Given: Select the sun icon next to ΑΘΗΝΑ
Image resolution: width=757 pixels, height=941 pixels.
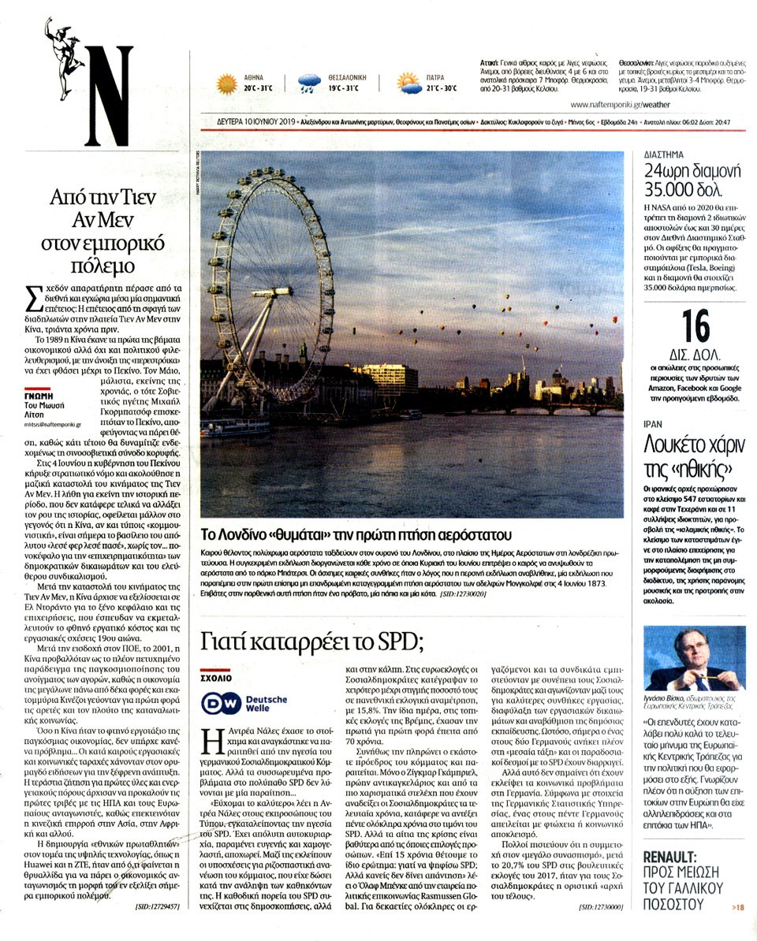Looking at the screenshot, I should (227, 84).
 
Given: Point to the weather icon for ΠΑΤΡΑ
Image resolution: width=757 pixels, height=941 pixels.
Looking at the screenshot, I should (408, 83).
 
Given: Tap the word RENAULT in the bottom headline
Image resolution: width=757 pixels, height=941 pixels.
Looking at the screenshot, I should (669, 857).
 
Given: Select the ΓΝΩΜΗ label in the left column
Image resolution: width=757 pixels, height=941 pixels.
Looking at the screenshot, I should (37, 396).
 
